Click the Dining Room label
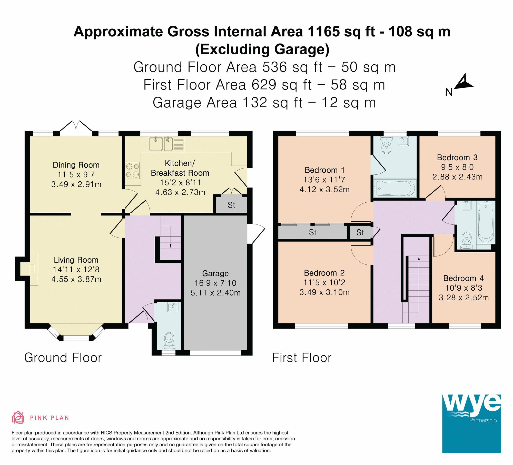[x=76, y=165]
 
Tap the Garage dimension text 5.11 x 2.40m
[x=215, y=293]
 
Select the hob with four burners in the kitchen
[x=133, y=171]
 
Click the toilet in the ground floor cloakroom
[x=169, y=339]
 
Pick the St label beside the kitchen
[x=231, y=205]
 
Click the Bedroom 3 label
[x=457, y=157]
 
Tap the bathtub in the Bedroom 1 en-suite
[x=394, y=189]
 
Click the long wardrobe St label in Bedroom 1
[x=312, y=232]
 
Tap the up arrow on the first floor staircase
[x=419, y=259]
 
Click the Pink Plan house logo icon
[x=18, y=417]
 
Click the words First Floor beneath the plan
[x=302, y=358]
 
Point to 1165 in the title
[x=324, y=32]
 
